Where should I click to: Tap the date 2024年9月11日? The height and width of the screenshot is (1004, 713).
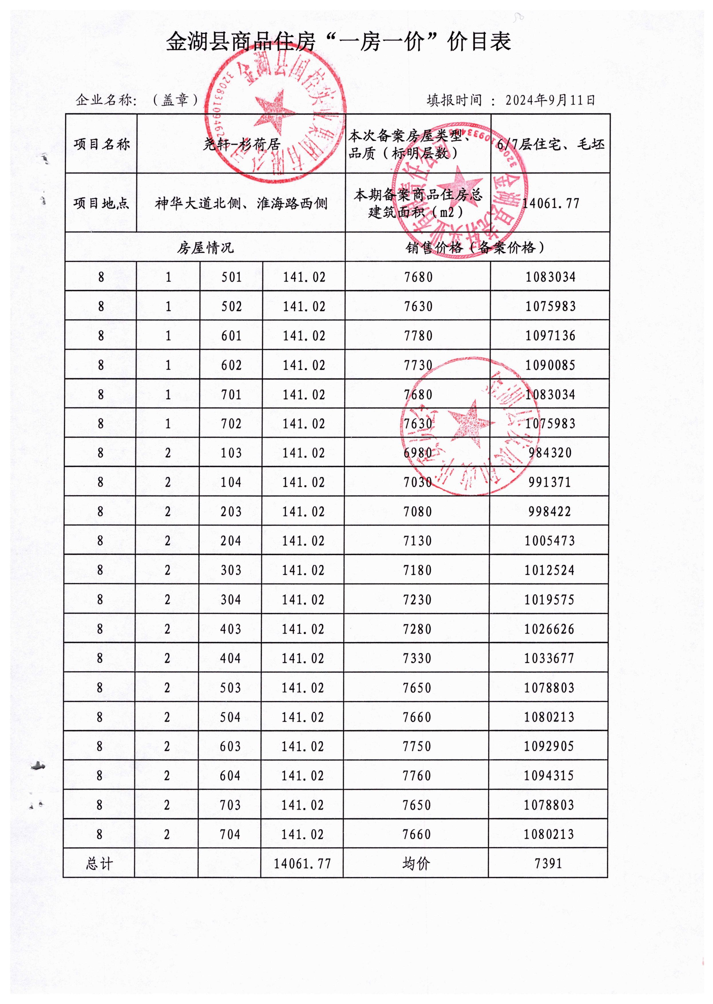[550, 100]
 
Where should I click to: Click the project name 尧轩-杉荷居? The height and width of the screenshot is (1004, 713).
[241, 144]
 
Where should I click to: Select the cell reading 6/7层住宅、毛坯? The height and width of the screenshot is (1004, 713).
[550, 144]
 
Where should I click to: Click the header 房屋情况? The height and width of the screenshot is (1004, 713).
[205, 248]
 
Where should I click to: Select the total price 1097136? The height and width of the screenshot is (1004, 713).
[550, 336]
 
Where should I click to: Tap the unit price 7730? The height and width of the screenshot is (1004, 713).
[418, 365]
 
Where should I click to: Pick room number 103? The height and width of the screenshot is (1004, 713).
[231, 453]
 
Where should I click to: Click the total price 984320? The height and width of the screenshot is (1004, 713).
[550, 453]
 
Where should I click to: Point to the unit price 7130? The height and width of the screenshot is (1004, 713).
[417, 541]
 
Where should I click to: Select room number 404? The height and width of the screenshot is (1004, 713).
[231, 658]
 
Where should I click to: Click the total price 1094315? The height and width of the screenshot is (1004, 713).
[549, 776]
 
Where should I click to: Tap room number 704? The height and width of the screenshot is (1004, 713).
[230, 835]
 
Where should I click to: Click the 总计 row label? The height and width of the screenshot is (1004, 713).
[100, 864]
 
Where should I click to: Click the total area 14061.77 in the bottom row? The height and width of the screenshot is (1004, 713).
[302, 864]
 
